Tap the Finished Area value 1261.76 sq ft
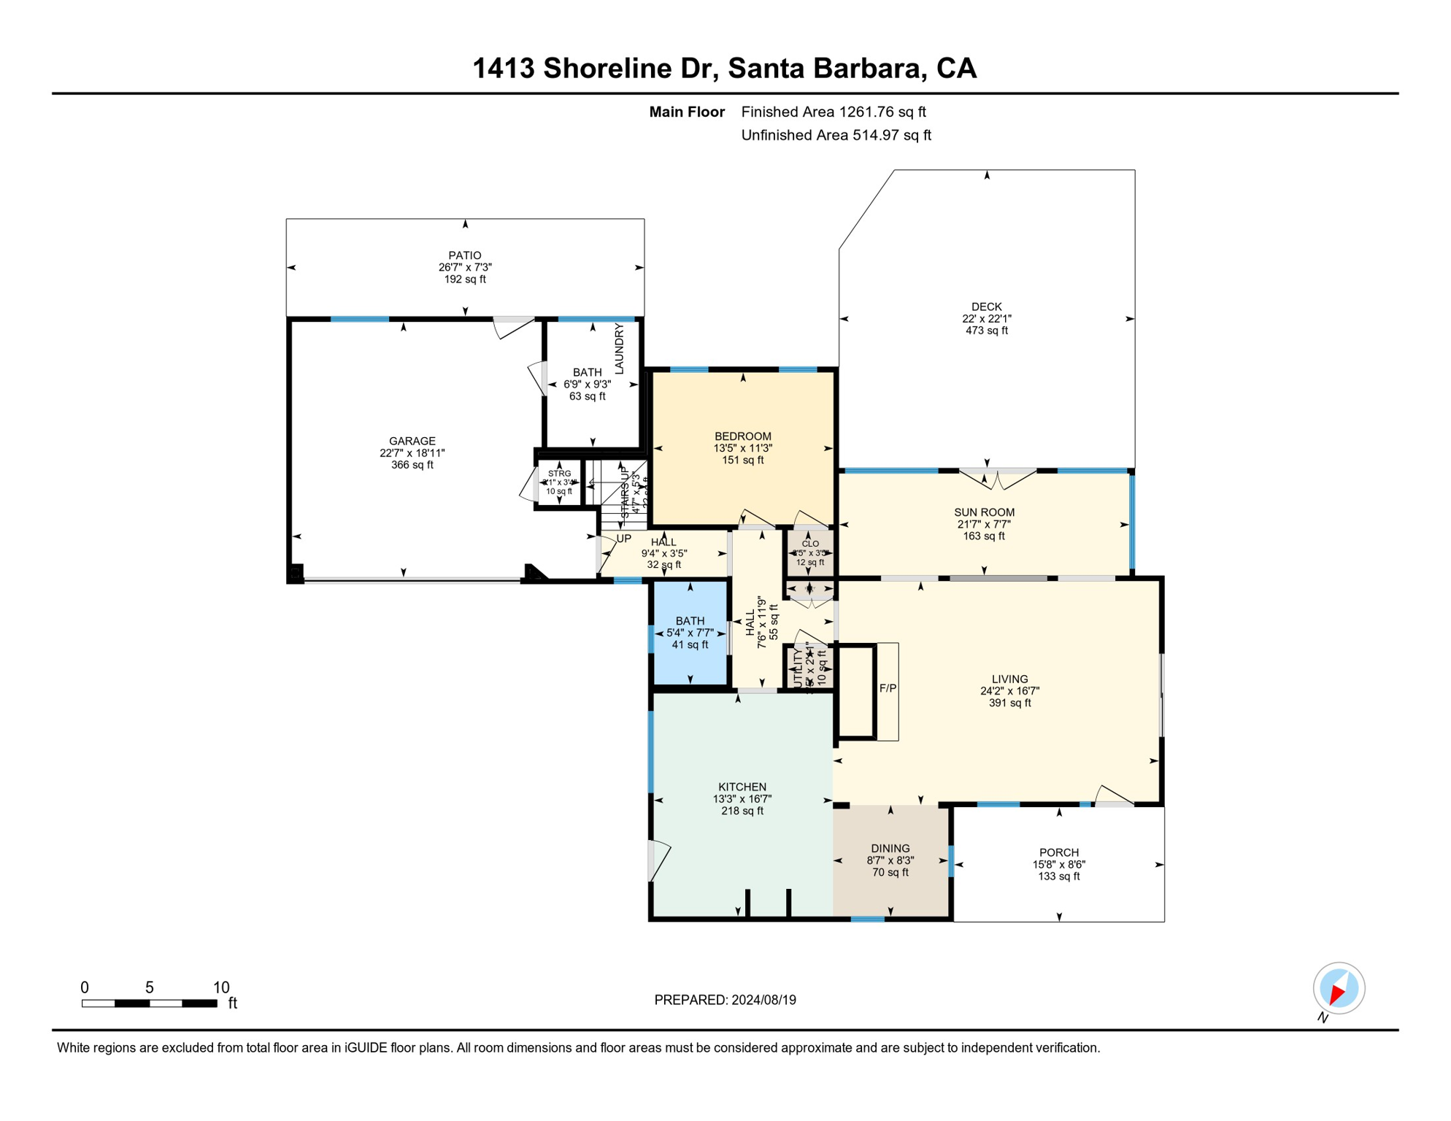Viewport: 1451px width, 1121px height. pyautogui.click(x=882, y=112)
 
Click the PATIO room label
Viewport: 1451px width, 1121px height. pyautogui.click(x=465, y=255)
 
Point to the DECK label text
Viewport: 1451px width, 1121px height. pyautogui.click(x=986, y=307)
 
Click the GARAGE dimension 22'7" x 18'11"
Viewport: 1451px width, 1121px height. pyautogui.click(x=412, y=452)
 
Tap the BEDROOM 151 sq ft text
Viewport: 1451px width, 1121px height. pyautogui.click(x=742, y=460)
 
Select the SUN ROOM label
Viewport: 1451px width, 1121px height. pyautogui.click(x=984, y=512)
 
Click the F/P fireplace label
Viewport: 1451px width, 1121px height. pyautogui.click(x=888, y=688)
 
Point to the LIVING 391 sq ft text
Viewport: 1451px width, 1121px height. pyautogui.click(x=1009, y=703)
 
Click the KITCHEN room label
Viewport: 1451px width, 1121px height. pyautogui.click(x=742, y=787)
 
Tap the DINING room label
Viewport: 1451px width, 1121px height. pyautogui.click(x=890, y=848)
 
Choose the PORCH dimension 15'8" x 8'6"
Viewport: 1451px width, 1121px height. pyautogui.click(x=1058, y=864)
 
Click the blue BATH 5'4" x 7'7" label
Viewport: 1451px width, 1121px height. pyautogui.click(x=690, y=632)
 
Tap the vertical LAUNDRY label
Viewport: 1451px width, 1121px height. pyautogui.click(x=620, y=349)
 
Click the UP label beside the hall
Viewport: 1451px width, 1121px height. pyautogui.click(x=624, y=539)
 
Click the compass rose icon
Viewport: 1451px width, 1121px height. pyautogui.click(x=1339, y=988)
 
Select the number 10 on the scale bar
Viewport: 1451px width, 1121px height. pyautogui.click(x=220, y=987)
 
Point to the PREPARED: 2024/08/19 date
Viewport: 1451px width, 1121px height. pyautogui.click(x=725, y=1000)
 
